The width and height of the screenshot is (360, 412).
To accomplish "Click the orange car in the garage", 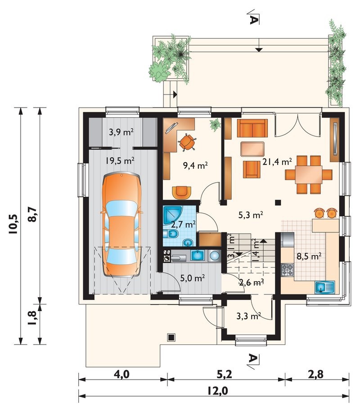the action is [121, 224].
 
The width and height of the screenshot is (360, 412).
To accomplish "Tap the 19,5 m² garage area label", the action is [120, 160].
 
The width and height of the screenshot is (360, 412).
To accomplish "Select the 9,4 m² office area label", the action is [195, 165].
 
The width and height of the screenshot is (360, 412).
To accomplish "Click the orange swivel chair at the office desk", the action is [187, 142].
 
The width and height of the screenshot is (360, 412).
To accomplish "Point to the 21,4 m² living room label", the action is [277, 162].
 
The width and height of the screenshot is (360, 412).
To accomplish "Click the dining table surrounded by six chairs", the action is [309, 175].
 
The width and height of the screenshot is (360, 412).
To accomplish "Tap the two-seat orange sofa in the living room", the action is [252, 128].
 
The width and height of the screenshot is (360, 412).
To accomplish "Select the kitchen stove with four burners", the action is [288, 270].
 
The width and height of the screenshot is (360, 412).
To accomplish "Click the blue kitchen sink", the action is [325, 287].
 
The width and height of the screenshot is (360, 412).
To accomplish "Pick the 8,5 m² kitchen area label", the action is [309, 256].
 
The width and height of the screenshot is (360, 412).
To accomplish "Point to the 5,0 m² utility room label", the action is [193, 278].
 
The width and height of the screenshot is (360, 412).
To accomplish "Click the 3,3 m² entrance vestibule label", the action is [248, 316].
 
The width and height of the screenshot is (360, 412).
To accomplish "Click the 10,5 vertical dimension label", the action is [13, 224].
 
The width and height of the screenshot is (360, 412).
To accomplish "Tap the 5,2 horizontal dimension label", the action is [225, 374].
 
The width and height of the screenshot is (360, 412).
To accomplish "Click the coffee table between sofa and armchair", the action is [252, 149].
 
